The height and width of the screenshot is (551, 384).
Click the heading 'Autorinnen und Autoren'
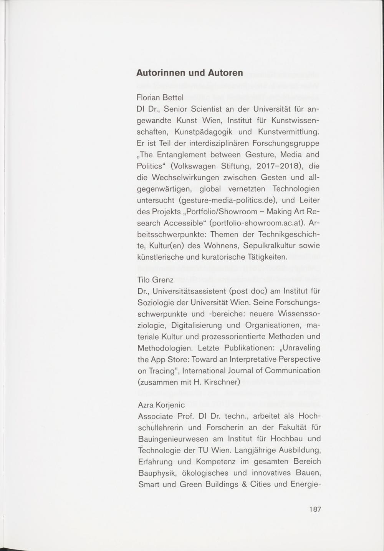(190, 73)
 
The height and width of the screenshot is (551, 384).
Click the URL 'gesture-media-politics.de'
(230, 200)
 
